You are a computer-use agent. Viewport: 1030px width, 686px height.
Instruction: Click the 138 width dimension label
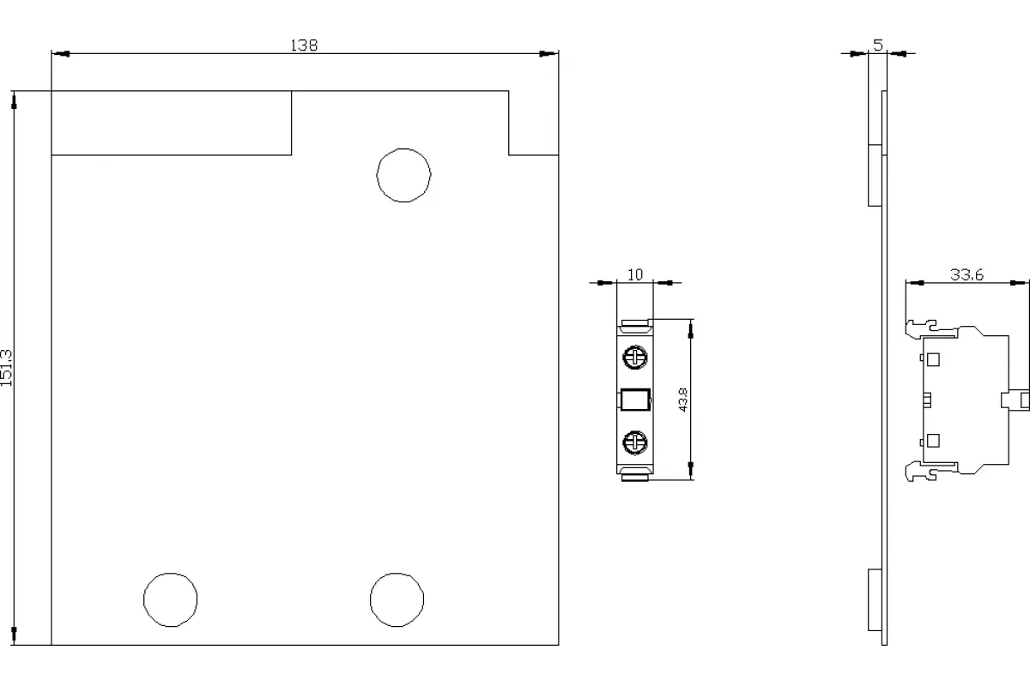[304, 45]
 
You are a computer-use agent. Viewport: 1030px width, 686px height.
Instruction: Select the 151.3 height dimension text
[7, 368]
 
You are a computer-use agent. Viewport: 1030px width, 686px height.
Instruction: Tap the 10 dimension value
[635, 274]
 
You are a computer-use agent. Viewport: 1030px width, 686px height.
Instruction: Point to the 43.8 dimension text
[683, 400]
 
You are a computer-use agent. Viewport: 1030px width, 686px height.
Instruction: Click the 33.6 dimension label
[966, 274]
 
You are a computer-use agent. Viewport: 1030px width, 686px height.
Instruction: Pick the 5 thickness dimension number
[878, 45]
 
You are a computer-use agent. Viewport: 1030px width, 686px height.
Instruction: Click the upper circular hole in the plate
[403, 175]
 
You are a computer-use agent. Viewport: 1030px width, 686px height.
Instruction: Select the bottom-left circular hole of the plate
[171, 599]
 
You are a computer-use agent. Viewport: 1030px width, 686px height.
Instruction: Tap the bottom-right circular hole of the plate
[397, 599]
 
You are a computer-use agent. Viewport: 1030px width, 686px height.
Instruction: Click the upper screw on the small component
[635, 357]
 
